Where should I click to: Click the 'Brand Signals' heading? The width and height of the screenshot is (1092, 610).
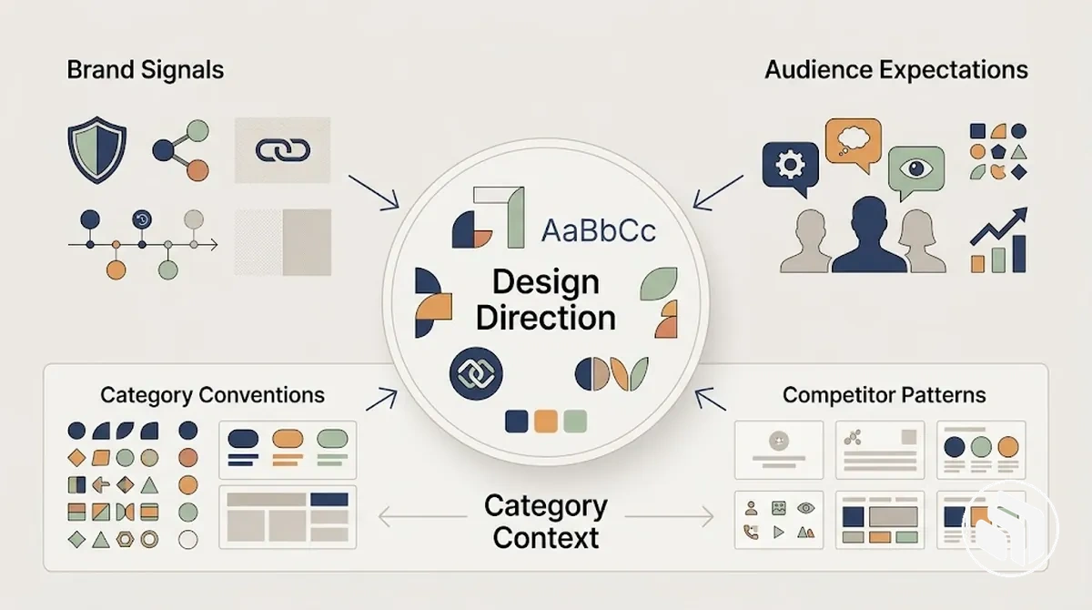pyautogui.click(x=146, y=70)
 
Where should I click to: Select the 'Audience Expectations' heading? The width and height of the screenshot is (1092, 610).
pyautogui.click(x=896, y=70)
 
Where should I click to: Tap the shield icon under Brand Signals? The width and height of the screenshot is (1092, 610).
pyautogui.click(x=97, y=149)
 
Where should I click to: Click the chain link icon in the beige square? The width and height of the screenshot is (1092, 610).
pyautogui.click(x=283, y=150)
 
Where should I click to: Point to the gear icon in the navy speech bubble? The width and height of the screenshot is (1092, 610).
pyautogui.click(x=790, y=164)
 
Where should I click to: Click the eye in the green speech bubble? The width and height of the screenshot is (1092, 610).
pyautogui.click(x=916, y=168)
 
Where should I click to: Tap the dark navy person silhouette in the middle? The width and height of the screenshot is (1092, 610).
pyautogui.click(x=869, y=234)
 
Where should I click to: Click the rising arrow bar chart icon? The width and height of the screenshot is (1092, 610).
pyautogui.click(x=999, y=240)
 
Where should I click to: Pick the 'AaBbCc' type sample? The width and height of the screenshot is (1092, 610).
pyautogui.click(x=599, y=230)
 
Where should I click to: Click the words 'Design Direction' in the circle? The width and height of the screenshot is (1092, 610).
pyautogui.click(x=545, y=300)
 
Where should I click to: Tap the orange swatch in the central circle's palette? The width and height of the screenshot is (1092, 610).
pyautogui.click(x=545, y=422)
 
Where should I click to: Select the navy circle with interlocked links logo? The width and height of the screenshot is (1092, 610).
pyautogui.click(x=476, y=373)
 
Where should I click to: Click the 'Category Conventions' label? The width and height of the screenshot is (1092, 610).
pyautogui.click(x=213, y=395)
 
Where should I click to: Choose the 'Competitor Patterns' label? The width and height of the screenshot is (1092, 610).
pyautogui.click(x=885, y=395)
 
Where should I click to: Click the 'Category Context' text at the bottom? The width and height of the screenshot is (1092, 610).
pyautogui.click(x=545, y=522)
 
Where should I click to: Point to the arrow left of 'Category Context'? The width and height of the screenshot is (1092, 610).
pyautogui.click(x=422, y=516)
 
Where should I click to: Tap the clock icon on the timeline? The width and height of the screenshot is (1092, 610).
pyautogui.click(x=142, y=219)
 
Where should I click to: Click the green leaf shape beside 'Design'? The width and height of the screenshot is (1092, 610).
pyautogui.click(x=659, y=283)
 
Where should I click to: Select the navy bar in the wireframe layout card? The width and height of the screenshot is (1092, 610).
pyautogui.click(x=329, y=499)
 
